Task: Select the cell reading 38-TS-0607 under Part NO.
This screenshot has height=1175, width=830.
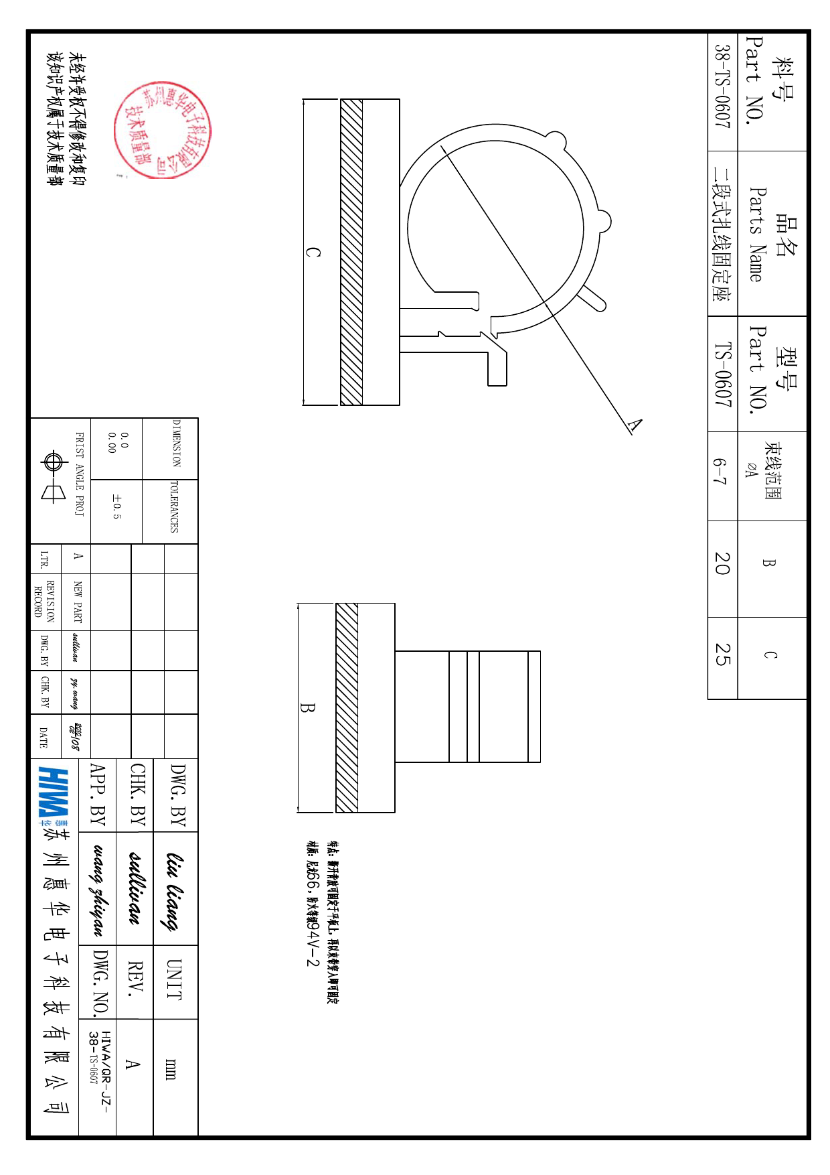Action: point(722,87)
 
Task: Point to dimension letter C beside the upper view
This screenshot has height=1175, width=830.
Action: point(313,253)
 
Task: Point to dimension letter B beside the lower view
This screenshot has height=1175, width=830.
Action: point(307,707)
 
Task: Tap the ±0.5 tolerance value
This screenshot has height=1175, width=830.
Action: point(116,507)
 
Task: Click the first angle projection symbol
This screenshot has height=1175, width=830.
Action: point(52,477)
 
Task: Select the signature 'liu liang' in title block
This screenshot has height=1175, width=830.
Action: point(175,891)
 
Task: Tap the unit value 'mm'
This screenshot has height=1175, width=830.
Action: point(171,1069)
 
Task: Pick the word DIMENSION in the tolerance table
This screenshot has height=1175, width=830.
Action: point(176,443)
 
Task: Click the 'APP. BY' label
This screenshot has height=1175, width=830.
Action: point(98,794)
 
